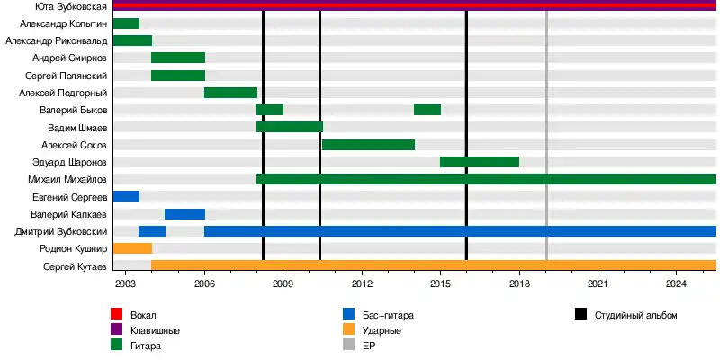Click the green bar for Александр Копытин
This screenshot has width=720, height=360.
(x=126, y=23)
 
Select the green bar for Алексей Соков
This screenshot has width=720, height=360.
(x=368, y=144)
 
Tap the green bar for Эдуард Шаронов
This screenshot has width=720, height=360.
(x=479, y=162)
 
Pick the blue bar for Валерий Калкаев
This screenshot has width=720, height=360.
(x=184, y=214)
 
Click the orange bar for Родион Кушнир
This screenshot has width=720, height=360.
(x=132, y=248)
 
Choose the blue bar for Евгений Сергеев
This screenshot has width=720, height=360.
(x=126, y=196)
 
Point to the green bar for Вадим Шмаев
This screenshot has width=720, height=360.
(x=289, y=127)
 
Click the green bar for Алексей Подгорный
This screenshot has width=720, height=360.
(x=230, y=93)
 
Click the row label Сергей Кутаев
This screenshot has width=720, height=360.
(x=75, y=266)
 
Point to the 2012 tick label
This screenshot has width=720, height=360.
(x=362, y=284)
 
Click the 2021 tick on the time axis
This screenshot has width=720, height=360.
(x=598, y=284)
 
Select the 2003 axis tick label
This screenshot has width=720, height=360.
(x=125, y=284)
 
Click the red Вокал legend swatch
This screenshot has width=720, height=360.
(x=116, y=315)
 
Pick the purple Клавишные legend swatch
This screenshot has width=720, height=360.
(x=116, y=330)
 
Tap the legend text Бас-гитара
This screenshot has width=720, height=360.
(x=388, y=315)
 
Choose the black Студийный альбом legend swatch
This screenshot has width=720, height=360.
(x=580, y=315)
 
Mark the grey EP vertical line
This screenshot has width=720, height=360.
(x=546, y=135)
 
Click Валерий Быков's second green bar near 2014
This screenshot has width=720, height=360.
(x=427, y=110)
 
